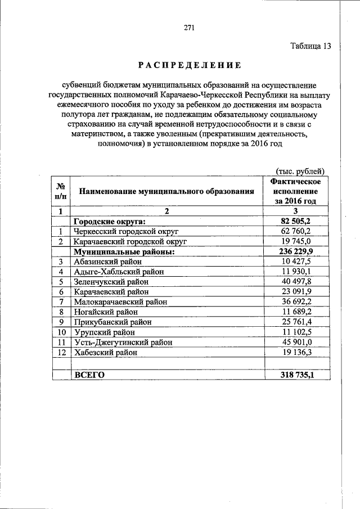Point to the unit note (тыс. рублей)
300,171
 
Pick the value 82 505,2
296,221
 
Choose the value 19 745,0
296,241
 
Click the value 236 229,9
296,251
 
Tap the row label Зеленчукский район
111,282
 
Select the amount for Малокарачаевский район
296,301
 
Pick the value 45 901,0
296,342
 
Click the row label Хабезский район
106,352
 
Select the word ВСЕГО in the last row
89,375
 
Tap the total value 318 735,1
296,375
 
